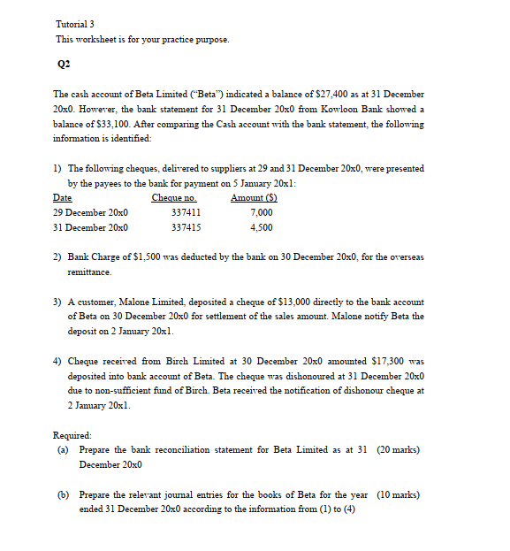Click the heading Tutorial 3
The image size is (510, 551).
[73, 24]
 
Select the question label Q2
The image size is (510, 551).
[62, 65]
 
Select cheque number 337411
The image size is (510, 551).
[186, 213]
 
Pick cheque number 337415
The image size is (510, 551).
[186, 227]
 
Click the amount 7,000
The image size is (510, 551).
[262, 213]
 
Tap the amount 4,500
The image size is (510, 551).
[262, 227]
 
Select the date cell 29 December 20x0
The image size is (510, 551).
[90, 213]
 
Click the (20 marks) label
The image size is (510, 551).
[398, 450]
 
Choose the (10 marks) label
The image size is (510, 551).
[398, 494]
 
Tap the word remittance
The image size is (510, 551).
[89, 272]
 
